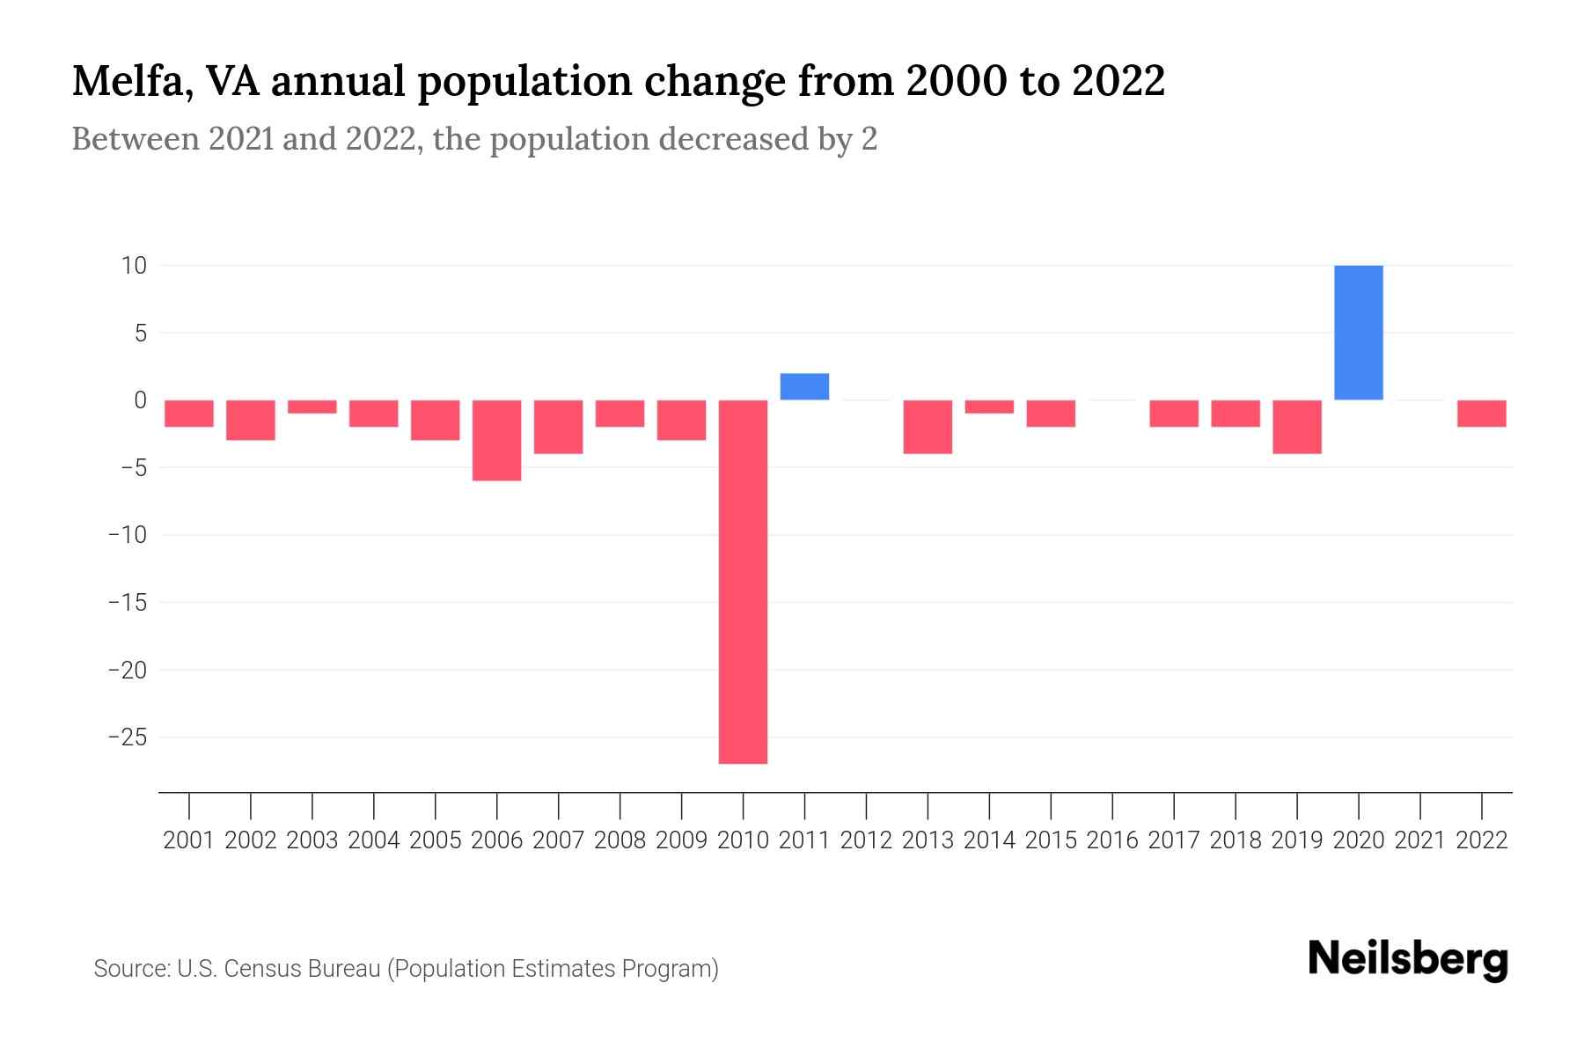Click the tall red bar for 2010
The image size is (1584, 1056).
click(743, 581)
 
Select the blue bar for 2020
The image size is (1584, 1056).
click(1358, 333)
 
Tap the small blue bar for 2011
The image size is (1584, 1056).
click(804, 387)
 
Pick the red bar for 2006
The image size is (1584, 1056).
click(497, 440)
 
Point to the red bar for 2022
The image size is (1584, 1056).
click(1481, 414)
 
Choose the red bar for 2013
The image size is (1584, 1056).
click(928, 427)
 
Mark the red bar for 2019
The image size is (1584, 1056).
click(1296, 427)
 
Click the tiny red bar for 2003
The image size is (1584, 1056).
click(312, 407)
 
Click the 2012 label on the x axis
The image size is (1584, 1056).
click(866, 840)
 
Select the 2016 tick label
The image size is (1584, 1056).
click(1112, 840)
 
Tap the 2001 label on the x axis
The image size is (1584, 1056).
click(189, 840)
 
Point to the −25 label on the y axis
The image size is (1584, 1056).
click(127, 737)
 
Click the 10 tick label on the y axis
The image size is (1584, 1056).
click(134, 265)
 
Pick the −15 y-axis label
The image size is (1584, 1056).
click(127, 603)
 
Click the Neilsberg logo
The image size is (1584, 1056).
click(1408, 959)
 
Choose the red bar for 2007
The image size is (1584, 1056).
click(558, 427)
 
